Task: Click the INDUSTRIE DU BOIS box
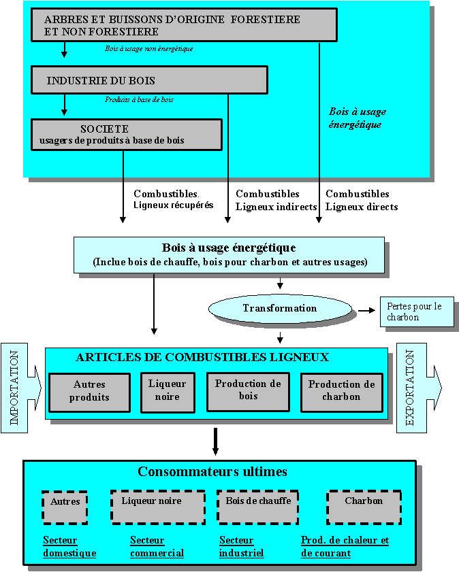click(x=149, y=80)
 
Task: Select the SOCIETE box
click(x=126, y=135)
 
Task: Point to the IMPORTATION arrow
click(x=21, y=388)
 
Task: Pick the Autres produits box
click(x=89, y=392)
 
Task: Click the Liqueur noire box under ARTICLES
click(x=168, y=392)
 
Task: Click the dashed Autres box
click(x=65, y=507)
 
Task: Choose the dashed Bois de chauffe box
click(x=257, y=507)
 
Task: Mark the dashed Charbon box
click(x=364, y=507)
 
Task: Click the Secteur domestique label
click(x=69, y=547)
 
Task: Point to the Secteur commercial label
click(x=157, y=547)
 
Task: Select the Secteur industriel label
click(x=241, y=547)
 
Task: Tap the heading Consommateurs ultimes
click(x=212, y=472)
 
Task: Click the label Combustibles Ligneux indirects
click(x=276, y=201)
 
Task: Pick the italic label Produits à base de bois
click(x=139, y=99)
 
